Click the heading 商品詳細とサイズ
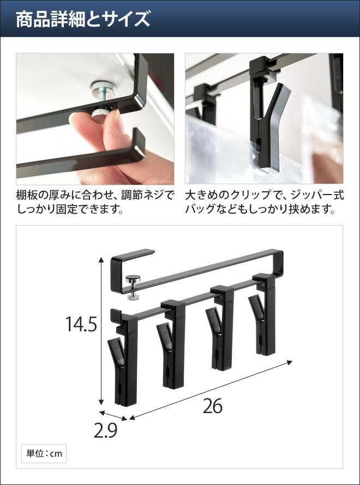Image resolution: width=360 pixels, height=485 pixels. point(83,19)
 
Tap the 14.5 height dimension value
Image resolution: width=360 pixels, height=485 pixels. point(81,324)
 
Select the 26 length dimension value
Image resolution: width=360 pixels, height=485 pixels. point(213,406)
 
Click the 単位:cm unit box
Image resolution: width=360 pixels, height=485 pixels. point(44,453)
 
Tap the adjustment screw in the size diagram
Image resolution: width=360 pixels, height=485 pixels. point(133,288)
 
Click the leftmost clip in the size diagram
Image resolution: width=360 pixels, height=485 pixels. point(123,358)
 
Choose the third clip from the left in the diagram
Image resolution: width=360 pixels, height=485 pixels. point(219,329)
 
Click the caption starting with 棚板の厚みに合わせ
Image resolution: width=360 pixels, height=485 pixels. point(95,202)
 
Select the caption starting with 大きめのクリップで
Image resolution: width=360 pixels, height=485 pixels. point(265,202)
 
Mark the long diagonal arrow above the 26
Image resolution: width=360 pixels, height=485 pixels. point(211,390)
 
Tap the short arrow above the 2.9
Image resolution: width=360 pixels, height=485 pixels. point(113,416)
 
